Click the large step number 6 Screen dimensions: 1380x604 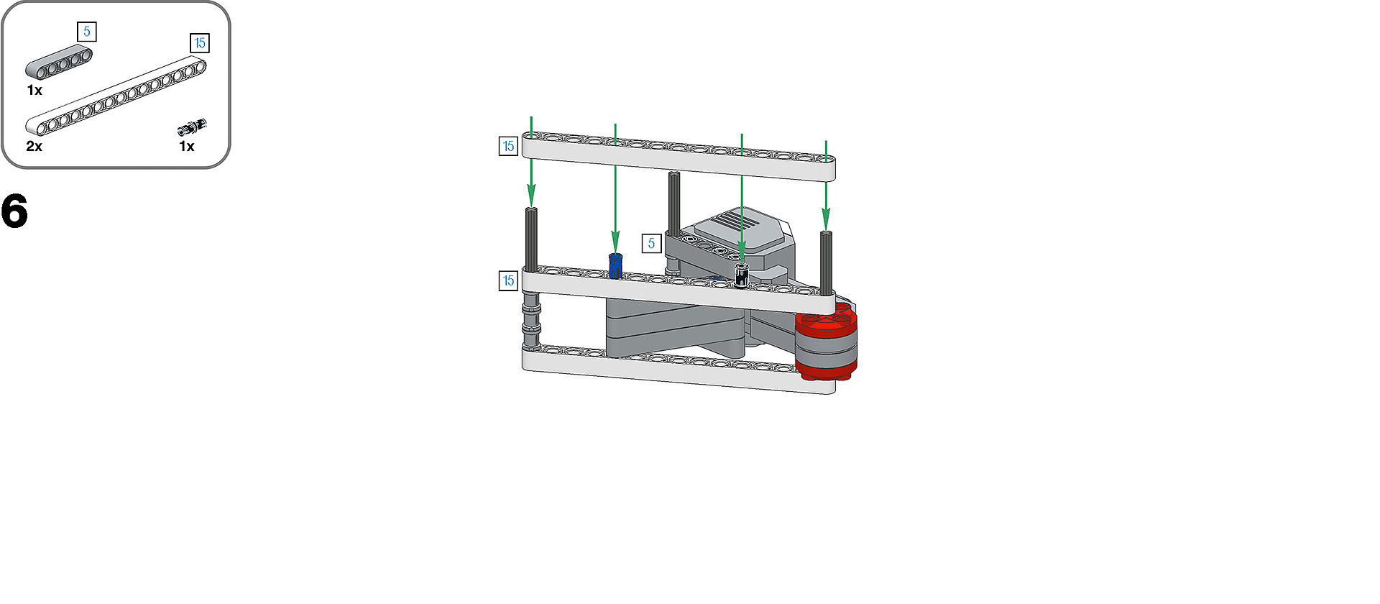pos(14,211)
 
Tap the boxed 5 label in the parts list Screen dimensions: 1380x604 pos(87,32)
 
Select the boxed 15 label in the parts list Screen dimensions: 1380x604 pos(200,43)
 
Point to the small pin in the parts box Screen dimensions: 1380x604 pos(192,127)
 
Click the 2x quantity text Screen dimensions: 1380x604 pos(34,147)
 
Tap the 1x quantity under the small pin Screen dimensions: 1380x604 pos(187,147)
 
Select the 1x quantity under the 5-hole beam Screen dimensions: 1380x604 pos(34,91)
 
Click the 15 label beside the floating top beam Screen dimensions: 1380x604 pos(508,147)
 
